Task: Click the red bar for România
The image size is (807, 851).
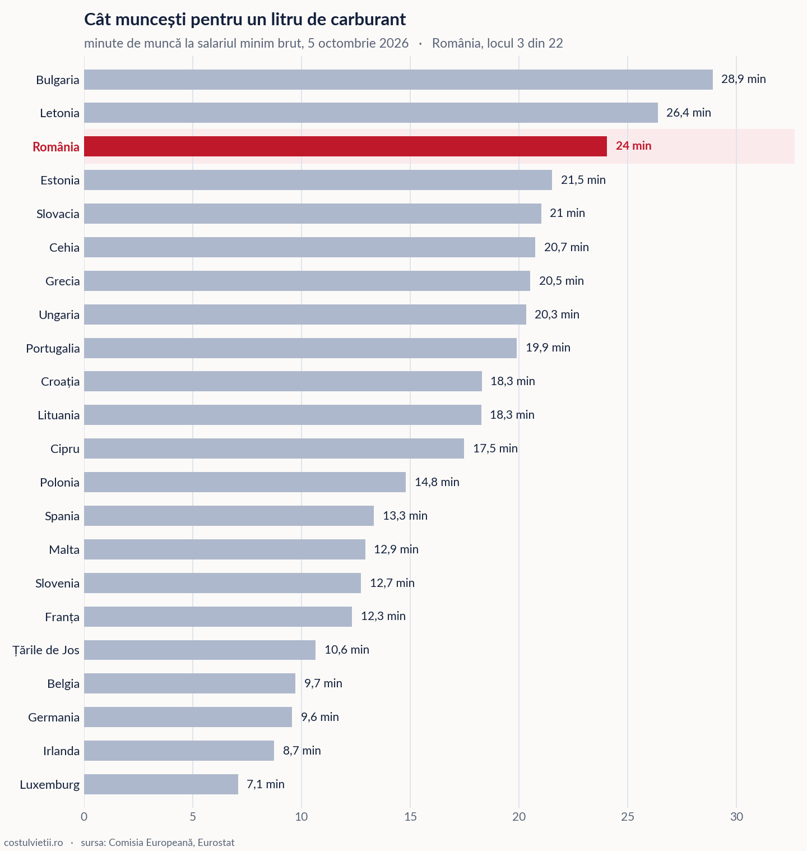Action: [345, 146]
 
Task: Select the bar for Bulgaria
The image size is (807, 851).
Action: [398, 80]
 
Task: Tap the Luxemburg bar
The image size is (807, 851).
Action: [161, 784]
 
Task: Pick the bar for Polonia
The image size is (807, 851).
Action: [245, 482]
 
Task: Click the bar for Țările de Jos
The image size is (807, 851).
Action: [200, 650]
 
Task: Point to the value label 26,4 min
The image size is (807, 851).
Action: [689, 113]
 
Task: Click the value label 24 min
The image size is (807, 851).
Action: [634, 146]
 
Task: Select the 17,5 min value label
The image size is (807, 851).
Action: [495, 448]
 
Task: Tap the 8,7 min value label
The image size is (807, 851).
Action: [302, 751]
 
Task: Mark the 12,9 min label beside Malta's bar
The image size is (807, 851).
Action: [396, 549]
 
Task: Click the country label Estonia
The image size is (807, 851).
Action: [60, 181]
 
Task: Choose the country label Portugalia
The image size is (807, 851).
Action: [53, 349]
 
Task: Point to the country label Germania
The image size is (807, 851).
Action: [54, 718]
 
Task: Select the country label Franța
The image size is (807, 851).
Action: [62, 617]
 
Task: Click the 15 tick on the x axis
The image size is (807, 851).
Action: [410, 817]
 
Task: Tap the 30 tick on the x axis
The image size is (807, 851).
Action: [736, 817]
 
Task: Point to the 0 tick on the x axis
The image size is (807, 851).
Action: [84, 817]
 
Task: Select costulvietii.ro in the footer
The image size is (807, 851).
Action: [34, 843]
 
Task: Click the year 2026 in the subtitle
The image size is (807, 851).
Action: [394, 43]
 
